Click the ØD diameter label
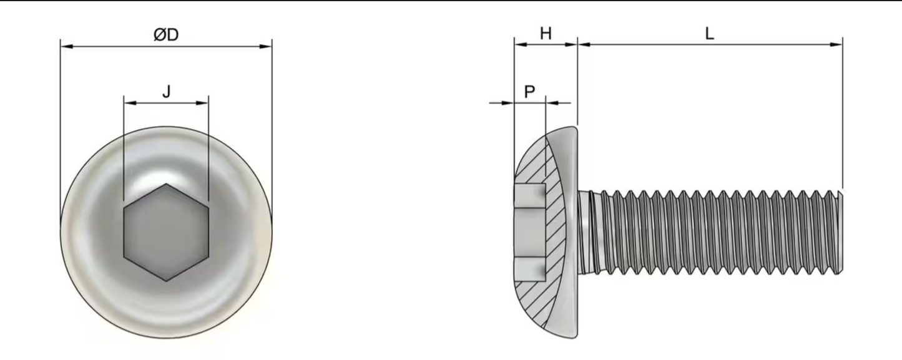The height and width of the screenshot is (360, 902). (166, 36)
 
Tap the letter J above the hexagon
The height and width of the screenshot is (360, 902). (166, 92)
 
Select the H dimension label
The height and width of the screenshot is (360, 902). (546, 34)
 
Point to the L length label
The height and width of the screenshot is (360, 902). (710, 34)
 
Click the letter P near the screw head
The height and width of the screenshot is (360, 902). (529, 92)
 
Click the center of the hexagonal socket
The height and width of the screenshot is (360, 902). (166, 233)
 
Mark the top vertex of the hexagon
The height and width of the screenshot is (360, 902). (166, 185)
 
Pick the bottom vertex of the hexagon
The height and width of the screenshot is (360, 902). (166, 281)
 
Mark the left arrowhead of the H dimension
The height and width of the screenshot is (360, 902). (519, 45)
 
